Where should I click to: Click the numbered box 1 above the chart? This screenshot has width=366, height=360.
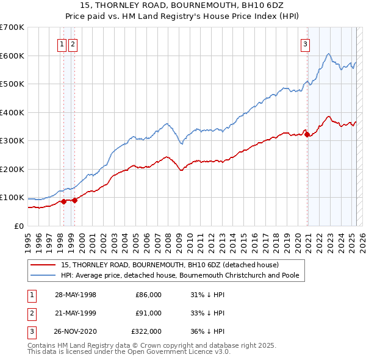tap(62, 43)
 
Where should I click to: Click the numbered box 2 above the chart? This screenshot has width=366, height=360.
tap(73, 43)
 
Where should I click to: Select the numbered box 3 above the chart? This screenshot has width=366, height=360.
tap(305, 43)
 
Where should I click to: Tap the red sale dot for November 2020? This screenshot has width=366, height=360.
tap(307, 135)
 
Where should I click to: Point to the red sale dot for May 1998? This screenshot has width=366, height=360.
tap(63, 201)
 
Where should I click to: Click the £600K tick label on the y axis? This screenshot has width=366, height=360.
tap(12, 56)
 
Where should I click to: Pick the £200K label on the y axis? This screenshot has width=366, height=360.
tap(12, 169)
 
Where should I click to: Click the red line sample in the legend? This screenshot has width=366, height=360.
tap(43, 265)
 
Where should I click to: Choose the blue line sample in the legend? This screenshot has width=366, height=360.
tap(43, 275)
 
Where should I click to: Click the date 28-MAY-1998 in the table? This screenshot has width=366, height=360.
tap(76, 295)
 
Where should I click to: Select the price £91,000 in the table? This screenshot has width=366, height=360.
tap(148, 313)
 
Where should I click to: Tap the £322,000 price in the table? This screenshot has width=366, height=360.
tap(146, 331)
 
